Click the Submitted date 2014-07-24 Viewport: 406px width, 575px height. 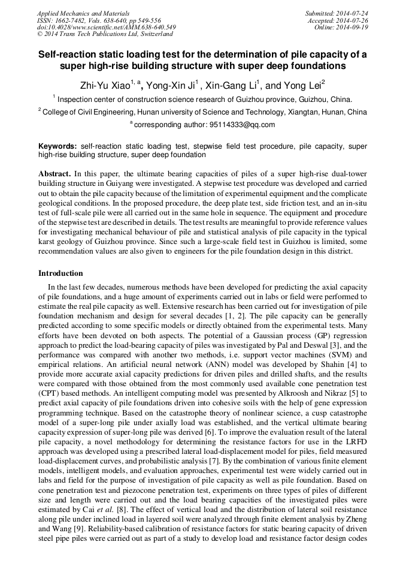coord(353,13)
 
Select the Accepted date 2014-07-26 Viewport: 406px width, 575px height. coord(354,20)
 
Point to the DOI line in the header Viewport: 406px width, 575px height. coord(106,27)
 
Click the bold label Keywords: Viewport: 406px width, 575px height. coord(57,146)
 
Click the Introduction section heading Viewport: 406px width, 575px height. coord(60,273)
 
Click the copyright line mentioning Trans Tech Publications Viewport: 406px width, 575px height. coord(105,34)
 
